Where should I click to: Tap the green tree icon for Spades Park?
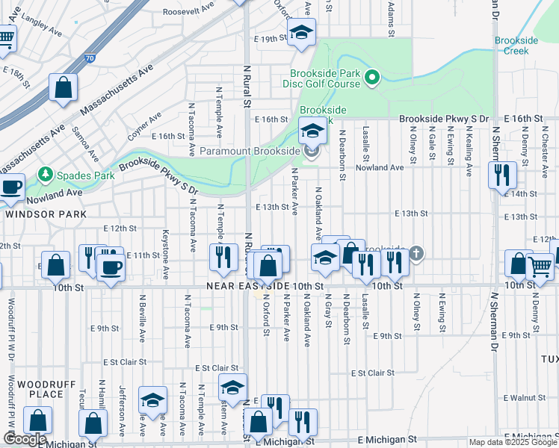pyautogui.click(x=46, y=175)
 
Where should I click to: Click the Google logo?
pyautogui.click(x=25, y=439)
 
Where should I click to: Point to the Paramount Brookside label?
pyautogui.click(x=250, y=152)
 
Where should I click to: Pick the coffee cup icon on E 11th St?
pyautogui.click(x=111, y=267)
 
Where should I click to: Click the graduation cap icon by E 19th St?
pyautogui.click(x=301, y=33)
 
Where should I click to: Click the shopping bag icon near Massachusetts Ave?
pyautogui.click(x=64, y=87)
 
